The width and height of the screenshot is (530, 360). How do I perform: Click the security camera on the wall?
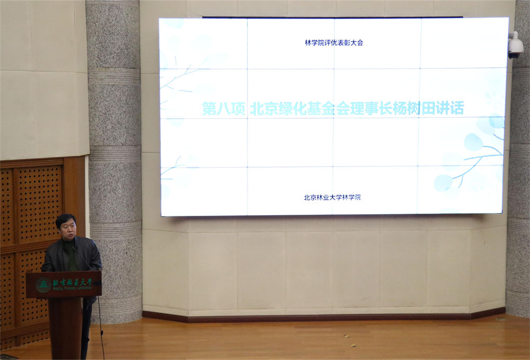515,46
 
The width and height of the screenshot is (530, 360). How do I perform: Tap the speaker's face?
67,229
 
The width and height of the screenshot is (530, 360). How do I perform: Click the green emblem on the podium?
43,285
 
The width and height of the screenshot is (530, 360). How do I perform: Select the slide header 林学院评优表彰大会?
334,42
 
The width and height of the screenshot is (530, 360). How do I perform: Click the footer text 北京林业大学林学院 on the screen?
332,197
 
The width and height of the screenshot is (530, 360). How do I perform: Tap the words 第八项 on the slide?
223,109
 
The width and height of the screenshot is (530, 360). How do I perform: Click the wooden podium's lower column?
65,326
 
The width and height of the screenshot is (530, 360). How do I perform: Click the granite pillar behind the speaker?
113,133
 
